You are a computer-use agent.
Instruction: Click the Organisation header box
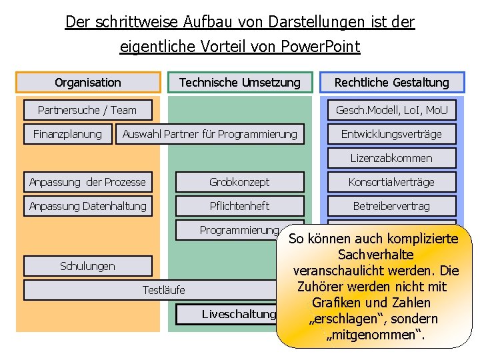point(88,83)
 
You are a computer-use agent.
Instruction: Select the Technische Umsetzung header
point(240,83)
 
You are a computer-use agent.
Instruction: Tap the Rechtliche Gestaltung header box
point(391,83)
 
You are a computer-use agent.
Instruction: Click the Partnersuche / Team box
point(87,110)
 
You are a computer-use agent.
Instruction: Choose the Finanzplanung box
point(67,134)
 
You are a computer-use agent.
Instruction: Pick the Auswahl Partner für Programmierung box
point(210,134)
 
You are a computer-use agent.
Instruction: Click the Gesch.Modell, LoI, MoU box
point(391,110)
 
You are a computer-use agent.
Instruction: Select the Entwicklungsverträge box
point(391,134)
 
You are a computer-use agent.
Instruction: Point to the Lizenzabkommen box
point(391,158)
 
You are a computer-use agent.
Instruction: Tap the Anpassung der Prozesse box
point(87,182)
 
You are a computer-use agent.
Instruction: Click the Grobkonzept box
point(239,182)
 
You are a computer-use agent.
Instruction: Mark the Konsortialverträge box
point(391,182)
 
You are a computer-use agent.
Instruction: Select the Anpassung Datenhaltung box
point(87,206)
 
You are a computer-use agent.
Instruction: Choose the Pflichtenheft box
point(239,206)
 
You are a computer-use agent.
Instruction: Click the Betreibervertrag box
point(391,206)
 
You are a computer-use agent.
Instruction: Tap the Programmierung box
point(239,230)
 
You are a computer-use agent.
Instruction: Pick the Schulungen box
point(87,266)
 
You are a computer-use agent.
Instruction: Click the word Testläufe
point(164,290)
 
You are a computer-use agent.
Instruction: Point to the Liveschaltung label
point(239,314)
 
